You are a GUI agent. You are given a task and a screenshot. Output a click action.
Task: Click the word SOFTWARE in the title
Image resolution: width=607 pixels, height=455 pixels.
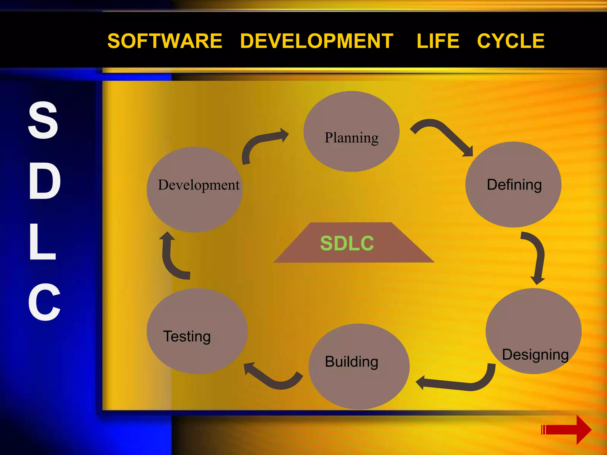click(x=165, y=41)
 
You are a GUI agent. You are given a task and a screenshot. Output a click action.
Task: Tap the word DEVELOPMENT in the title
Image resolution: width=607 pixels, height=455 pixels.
click(x=317, y=41)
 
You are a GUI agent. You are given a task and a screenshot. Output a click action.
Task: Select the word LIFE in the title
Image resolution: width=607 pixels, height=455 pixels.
click(x=438, y=41)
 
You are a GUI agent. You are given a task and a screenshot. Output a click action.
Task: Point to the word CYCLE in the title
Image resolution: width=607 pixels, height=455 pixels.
click(x=511, y=41)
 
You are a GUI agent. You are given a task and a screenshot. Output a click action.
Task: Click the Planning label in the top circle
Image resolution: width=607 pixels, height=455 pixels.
click(x=352, y=138)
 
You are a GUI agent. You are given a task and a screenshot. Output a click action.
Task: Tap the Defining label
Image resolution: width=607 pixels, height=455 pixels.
click(x=514, y=185)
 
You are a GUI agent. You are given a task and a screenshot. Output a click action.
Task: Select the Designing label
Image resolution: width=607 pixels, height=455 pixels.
click(x=535, y=355)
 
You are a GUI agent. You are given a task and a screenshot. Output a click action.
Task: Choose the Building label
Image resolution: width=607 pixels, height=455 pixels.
click(x=352, y=362)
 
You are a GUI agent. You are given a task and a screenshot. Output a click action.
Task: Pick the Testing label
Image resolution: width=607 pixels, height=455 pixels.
click(x=187, y=337)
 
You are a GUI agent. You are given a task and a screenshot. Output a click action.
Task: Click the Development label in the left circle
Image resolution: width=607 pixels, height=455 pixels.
click(x=199, y=185)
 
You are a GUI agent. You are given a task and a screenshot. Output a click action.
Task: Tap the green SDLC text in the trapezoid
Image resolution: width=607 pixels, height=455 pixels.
click(x=347, y=243)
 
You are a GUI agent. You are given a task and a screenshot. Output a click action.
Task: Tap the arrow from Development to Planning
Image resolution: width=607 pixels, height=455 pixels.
click(x=261, y=142)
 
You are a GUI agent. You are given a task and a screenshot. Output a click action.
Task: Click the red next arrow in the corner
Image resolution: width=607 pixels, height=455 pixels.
click(x=566, y=430)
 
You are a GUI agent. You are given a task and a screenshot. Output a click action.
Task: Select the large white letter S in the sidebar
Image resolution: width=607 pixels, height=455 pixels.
click(x=43, y=120)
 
